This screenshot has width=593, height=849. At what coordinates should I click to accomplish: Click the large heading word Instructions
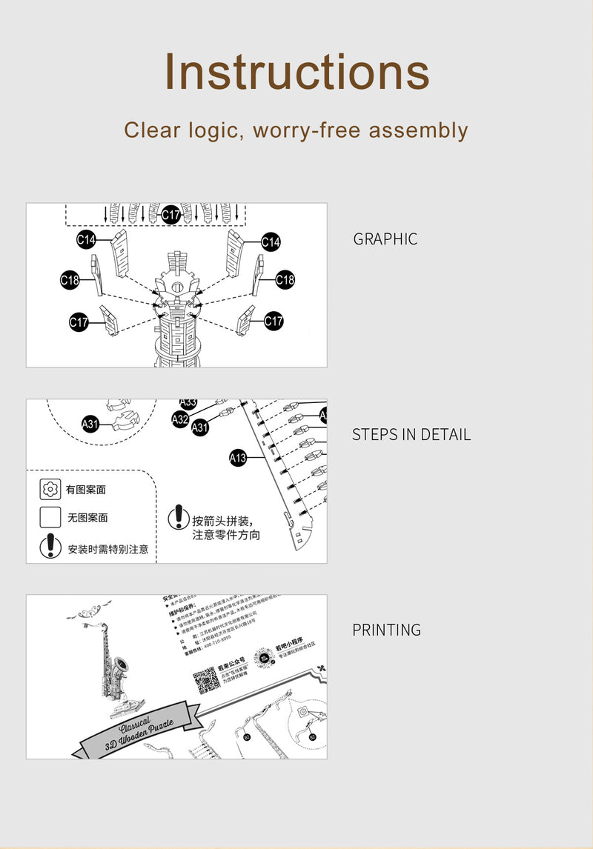pyautogui.click(x=296, y=73)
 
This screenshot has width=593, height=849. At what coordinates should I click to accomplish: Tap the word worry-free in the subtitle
pyautogui.click(x=307, y=130)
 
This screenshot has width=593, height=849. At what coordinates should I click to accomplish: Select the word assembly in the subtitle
pyautogui.click(x=418, y=130)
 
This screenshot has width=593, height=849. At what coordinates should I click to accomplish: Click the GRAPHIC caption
pyautogui.click(x=385, y=239)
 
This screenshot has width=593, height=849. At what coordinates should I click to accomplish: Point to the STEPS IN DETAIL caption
pyautogui.click(x=411, y=435)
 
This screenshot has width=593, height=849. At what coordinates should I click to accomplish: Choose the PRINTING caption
pyautogui.click(x=386, y=630)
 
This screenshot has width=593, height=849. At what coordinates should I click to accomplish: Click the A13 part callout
pyautogui.click(x=237, y=459)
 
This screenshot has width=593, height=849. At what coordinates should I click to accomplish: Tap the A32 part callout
pyautogui.click(x=180, y=419)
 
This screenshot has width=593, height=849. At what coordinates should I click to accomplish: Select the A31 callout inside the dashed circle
pyautogui.click(x=90, y=424)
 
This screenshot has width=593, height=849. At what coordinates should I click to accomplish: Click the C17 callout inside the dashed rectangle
pyautogui.click(x=171, y=215)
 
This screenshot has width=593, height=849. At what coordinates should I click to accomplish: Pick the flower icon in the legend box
pyautogui.click(x=50, y=489)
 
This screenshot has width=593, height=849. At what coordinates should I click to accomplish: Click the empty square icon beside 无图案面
pyautogui.click(x=50, y=517)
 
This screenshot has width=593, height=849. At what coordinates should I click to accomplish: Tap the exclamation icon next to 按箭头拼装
pyautogui.click(x=179, y=517)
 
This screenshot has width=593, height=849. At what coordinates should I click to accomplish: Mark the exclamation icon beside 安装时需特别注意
pyautogui.click(x=50, y=547)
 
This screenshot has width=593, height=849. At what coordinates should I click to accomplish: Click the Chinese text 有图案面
pyautogui.click(x=86, y=490)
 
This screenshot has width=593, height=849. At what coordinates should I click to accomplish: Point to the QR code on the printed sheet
pyautogui.click(x=208, y=680)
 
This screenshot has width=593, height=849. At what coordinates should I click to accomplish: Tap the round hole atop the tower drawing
pyautogui.click(x=176, y=286)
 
